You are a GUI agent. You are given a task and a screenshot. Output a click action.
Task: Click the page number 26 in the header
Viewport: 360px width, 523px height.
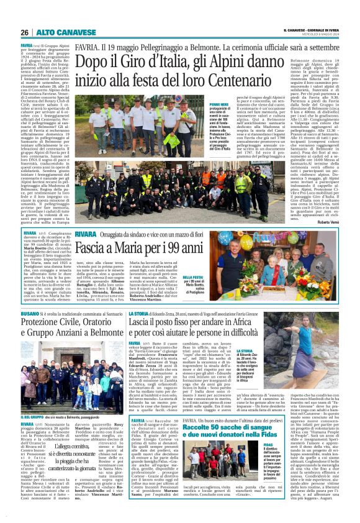24,33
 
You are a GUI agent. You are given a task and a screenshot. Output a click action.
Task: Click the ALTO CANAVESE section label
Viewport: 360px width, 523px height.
57,33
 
